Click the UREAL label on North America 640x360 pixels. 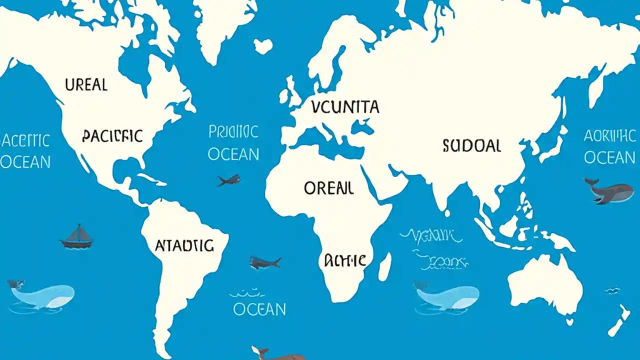tap(86, 84)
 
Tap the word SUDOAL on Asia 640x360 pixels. tap(471, 145)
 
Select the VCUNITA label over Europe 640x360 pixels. tap(344, 106)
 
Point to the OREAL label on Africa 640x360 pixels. tap(328, 188)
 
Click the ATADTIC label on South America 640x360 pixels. tap(184, 245)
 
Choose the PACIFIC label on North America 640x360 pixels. tap(112, 135)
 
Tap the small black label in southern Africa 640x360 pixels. tap(345, 260)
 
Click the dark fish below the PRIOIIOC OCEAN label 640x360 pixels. tap(228, 180)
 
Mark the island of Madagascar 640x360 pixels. tap(384, 266)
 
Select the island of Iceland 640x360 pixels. tap(263, 46)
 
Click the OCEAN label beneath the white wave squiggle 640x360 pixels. tap(259, 309)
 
